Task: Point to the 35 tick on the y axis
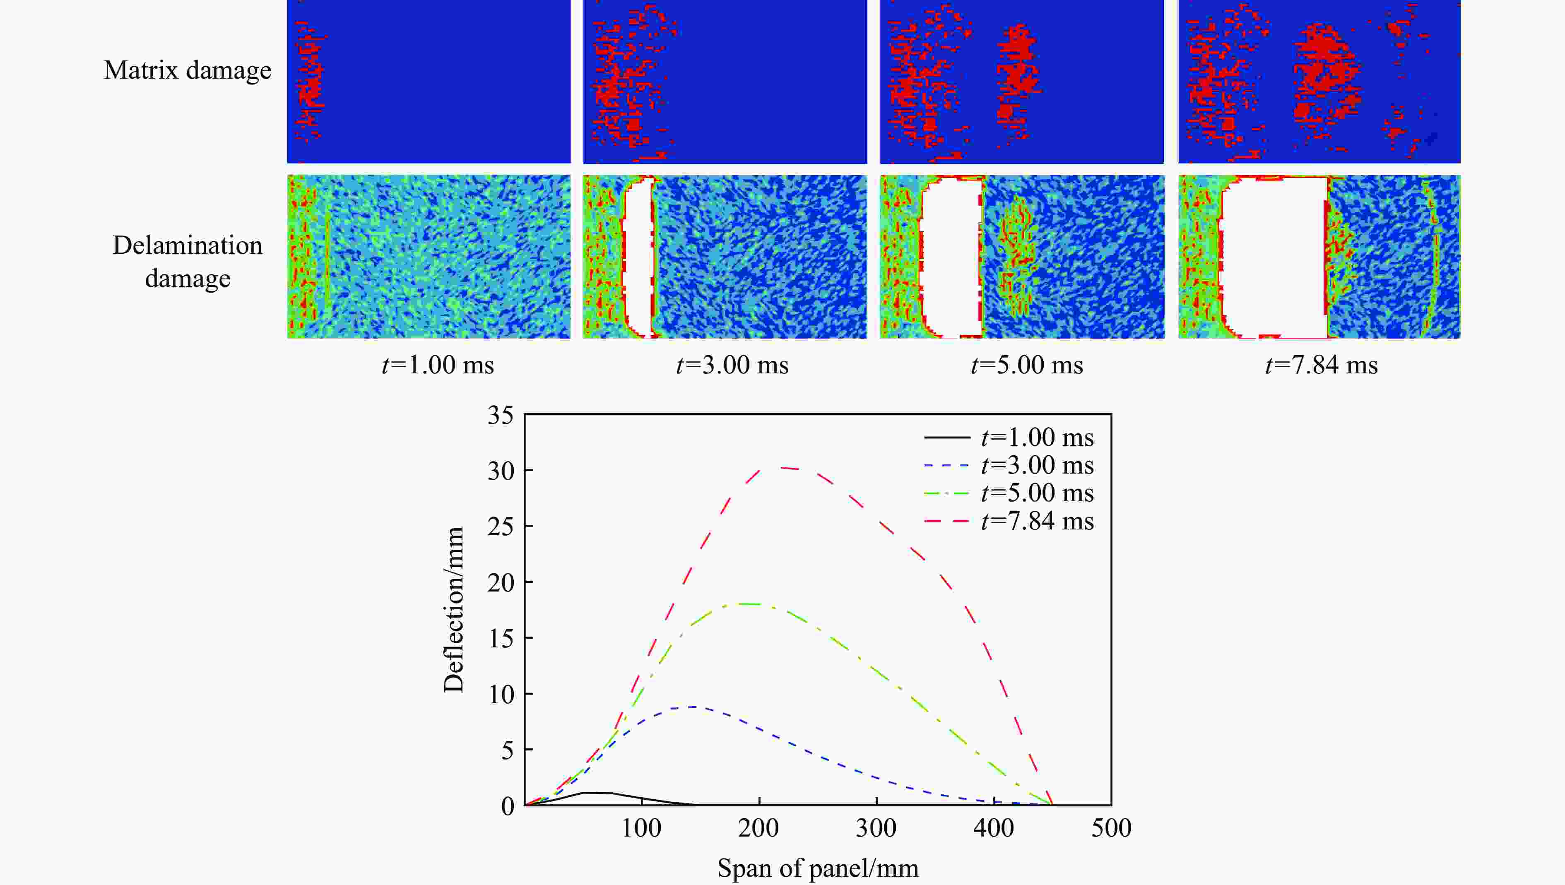pyautogui.click(x=501, y=416)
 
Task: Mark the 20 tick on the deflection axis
pyautogui.click(x=501, y=583)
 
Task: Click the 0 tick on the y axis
pyautogui.click(x=508, y=806)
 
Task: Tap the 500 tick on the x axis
pyautogui.click(x=1111, y=828)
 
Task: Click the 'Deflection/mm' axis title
pyautogui.click(x=453, y=610)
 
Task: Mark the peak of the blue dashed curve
pyautogui.click(x=693, y=706)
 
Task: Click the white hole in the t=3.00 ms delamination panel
pyautogui.click(x=638, y=255)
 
